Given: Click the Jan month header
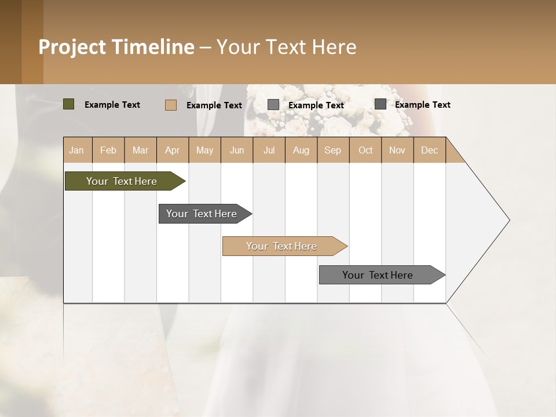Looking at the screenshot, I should coord(76,150).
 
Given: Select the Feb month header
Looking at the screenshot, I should coord(108,150).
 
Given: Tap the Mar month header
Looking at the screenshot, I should coord(140,150).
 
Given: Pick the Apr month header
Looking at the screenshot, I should coord(173,150).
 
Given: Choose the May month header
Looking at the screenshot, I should coord(204,150).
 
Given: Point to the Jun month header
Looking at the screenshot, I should coord(237,150).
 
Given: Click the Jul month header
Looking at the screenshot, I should coord(269,150).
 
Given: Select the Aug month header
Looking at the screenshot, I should coord(301,150).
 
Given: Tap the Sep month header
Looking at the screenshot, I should coord(333,150).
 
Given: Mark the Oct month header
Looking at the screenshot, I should coord(365,150).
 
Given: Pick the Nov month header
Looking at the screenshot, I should coord(397,150).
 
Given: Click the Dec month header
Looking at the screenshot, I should coord(430,150).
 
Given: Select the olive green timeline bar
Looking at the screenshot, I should coord(122,181).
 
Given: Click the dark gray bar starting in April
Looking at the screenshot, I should coord(202,214).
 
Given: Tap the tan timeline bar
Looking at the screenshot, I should coord(281,246).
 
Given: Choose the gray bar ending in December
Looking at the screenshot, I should coord(378,275).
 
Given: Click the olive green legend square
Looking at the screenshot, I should coord(69,104).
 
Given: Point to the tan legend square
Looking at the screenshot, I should coord(171,105).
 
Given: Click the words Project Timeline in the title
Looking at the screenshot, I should coord(116,47).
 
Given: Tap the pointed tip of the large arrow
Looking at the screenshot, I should coord(508,220).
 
